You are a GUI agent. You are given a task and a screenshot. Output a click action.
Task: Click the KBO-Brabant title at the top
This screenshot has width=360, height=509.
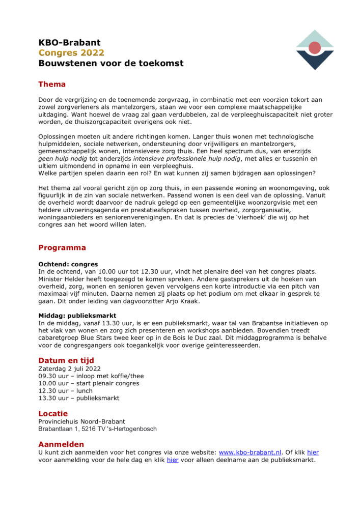(69, 43)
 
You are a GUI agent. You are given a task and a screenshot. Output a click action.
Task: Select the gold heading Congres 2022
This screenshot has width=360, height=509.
(71, 53)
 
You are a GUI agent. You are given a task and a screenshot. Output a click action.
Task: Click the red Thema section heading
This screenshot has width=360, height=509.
(52, 84)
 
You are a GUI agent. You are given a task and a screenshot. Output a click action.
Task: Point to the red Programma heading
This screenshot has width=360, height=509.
(62, 248)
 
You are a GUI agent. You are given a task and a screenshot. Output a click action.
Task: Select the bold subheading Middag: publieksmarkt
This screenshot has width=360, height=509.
(77, 316)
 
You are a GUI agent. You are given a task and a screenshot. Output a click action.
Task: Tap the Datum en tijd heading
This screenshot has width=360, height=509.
(66, 360)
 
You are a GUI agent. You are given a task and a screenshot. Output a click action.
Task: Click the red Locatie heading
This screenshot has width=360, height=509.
(53, 413)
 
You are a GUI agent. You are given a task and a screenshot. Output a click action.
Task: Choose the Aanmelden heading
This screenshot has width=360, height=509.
(61, 444)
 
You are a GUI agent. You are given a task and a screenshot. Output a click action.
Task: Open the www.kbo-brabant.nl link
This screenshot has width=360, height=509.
(250, 453)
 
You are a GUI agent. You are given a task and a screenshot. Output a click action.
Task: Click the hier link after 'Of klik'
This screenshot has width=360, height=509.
(313, 453)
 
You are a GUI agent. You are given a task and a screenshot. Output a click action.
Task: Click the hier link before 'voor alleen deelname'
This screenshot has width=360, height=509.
(173, 460)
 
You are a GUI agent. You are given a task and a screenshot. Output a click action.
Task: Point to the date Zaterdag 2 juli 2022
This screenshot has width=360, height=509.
(70, 369)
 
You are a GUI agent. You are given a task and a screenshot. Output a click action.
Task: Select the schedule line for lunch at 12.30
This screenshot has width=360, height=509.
(66, 391)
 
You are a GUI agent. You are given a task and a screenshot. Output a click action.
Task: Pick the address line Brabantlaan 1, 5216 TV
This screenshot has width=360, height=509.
(97, 429)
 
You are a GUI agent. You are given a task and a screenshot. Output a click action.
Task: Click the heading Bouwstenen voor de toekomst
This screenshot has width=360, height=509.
(111, 64)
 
